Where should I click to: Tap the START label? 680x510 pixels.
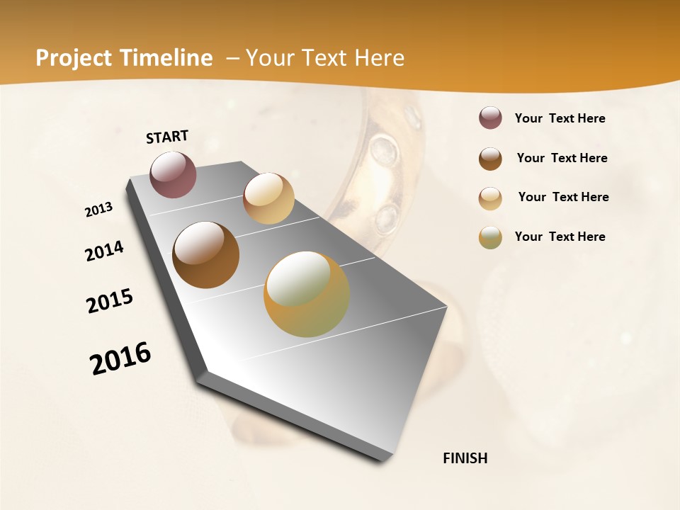(x=167, y=137)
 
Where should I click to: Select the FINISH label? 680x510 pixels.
(x=465, y=458)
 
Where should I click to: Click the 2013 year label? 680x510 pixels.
(x=98, y=210)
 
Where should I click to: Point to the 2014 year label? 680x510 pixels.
(x=104, y=251)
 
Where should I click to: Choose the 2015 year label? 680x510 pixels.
(x=110, y=301)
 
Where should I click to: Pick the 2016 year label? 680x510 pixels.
(x=120, y=358)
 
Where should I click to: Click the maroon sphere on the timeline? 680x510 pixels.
(x=173, y=174)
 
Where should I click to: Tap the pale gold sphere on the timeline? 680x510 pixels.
(x=268, y=198)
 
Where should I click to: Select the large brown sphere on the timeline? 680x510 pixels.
(x=205, y=255)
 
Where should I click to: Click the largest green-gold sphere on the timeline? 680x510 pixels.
(x=307, y=294)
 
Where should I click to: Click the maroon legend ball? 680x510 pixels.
(x=490, y=118)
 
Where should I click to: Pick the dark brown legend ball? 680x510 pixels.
(x=490, y=159)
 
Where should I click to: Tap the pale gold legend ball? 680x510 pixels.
(x=490, y=198)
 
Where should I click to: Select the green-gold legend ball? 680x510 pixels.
(x=490, y=237)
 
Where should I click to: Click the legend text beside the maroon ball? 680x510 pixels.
(x=560, y=119)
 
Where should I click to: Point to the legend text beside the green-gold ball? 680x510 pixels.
(x=560, y=237)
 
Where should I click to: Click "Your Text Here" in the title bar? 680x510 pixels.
(x=324, y=58)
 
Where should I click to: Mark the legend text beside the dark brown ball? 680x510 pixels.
(x=562, y=158)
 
